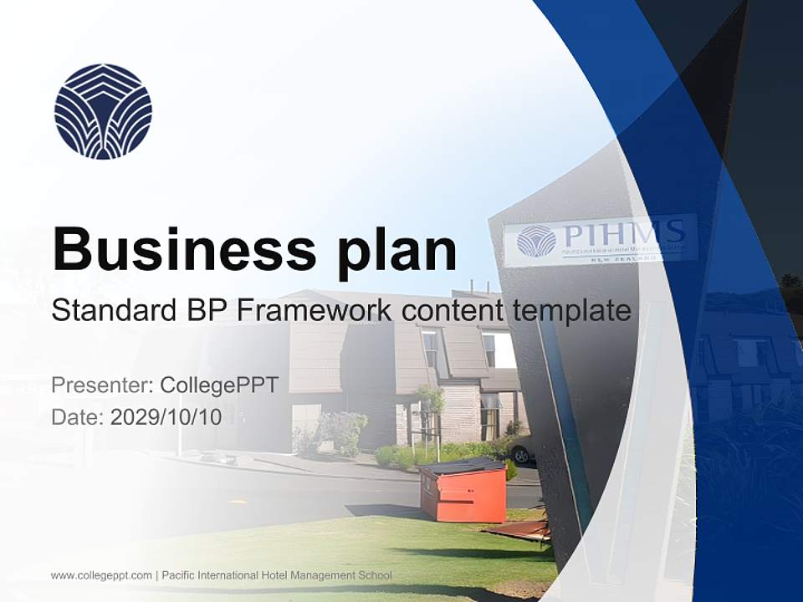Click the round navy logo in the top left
103,111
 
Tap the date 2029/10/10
166,417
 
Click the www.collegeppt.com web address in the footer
101,575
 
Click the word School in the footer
376,575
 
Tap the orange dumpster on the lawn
463,492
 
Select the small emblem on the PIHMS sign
536,241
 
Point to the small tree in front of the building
430,406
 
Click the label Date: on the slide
78,417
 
